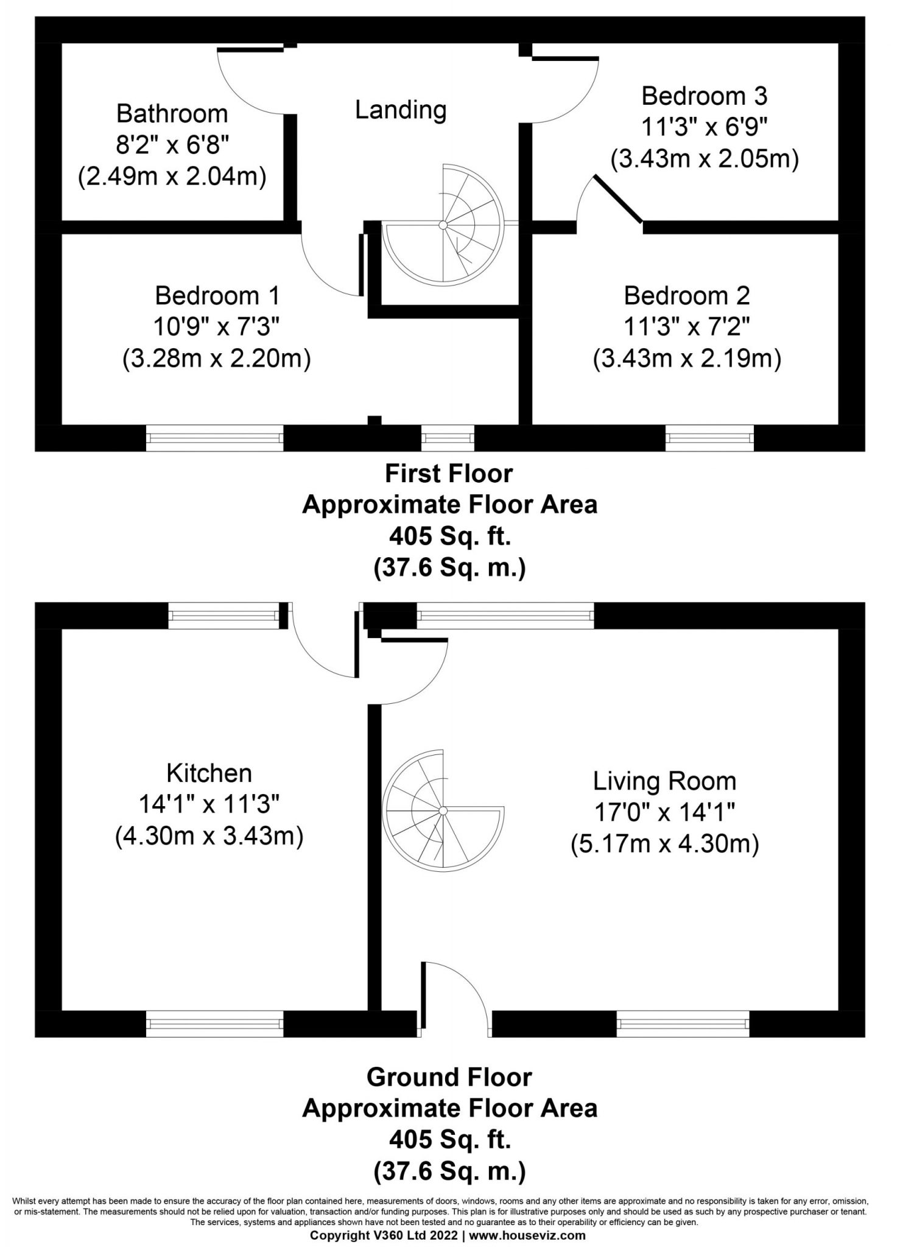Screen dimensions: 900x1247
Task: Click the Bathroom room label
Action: point(172,114)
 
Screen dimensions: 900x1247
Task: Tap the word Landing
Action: point(401,110)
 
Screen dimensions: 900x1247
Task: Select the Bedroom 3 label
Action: point(705,96)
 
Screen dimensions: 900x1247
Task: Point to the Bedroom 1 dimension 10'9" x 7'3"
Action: point(217,328)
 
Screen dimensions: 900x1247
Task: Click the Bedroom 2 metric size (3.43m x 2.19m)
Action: point(687,359)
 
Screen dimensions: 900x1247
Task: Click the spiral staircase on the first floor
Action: point(444,225)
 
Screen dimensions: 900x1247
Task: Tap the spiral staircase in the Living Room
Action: point(444,811)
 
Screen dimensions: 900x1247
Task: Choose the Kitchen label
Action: point(209,773)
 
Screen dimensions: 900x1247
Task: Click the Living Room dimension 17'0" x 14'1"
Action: point(665,813)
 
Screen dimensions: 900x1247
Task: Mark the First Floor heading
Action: point(449,474)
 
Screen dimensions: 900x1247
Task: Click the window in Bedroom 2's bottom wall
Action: point(709,438)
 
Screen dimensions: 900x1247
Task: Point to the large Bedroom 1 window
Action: point(215,438)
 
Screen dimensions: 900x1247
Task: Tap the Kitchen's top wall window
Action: point(223,616)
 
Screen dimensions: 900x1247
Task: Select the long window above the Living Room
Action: point(505,616)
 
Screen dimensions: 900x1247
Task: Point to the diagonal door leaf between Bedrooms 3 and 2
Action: point(617,200)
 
